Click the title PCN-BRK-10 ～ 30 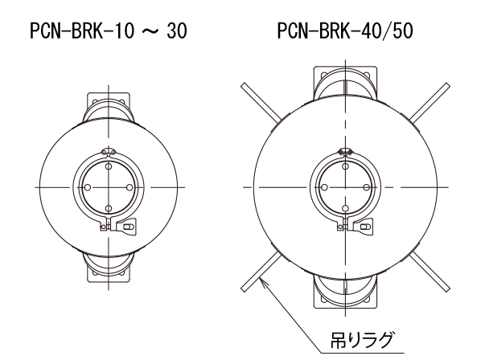(109, 31)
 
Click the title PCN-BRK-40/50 (345, 31)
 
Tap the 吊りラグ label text (362, 340)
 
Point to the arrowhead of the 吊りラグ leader (262, 280)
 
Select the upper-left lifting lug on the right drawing (261, 101)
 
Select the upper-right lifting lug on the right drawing (430, 101)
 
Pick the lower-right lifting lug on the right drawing (430, 272)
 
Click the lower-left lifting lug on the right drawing (261, 272)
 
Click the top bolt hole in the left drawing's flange (109, 166)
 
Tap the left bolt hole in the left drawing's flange (88, 187)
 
